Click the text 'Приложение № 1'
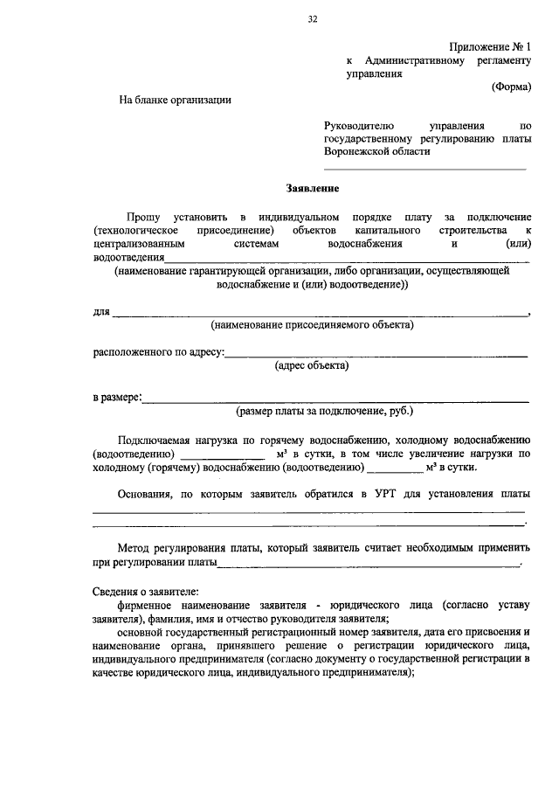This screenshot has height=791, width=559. click(489, 46)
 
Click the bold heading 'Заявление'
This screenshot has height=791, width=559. click(312, 188)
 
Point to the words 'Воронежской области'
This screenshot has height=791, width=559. click(377, 151)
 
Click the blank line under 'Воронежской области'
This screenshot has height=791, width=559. click(425, 169)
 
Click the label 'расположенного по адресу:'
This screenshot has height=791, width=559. click(159, 353)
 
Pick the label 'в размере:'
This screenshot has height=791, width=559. click(118, 398)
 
